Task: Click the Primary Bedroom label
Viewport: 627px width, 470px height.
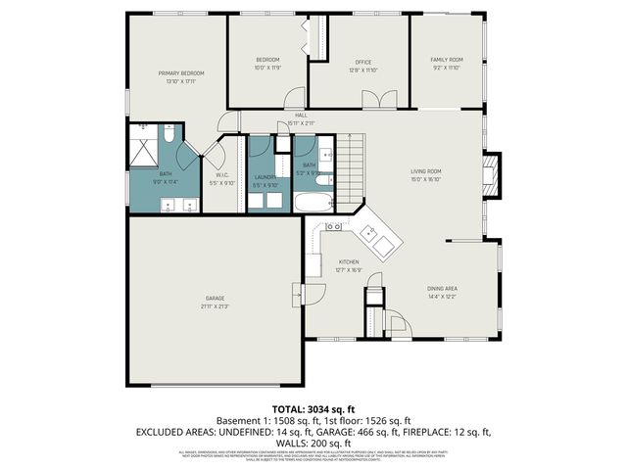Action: [181, 73]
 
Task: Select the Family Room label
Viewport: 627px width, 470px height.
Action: [447, 61]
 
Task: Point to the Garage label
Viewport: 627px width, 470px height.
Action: [215, 298]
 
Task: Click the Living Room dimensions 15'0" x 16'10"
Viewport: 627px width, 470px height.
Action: [426, 179]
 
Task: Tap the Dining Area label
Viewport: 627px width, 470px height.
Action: [442, 288]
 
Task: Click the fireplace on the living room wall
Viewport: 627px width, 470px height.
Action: [491, 175]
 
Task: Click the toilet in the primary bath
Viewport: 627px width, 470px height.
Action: [168, 138]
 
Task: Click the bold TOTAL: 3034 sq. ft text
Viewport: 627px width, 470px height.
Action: [313, 408]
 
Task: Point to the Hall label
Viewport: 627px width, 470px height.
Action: [301, 115]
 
